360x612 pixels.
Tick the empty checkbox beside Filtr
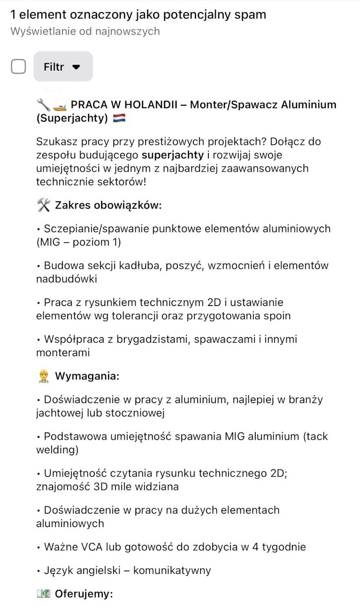tap(18, 67)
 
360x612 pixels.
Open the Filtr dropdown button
tap(63, 67)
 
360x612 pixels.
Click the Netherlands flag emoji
tap(119, 118)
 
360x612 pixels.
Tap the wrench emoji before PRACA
tap(43, 105)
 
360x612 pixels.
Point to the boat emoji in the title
tap(59, 105)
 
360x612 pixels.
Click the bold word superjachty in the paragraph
tap(172, 155)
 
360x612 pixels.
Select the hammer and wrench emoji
tap(43, 205)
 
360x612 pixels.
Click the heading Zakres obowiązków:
tap(108, 205)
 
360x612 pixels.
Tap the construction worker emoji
tap(43, 376)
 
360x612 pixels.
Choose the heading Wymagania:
tap(87, 376)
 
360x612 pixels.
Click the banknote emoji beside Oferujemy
tap(43, 594)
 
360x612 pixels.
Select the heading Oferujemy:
tap(84, 594)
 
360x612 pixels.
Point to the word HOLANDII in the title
tap(150, 105)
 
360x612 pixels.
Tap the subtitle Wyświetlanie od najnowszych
tap(85, 31)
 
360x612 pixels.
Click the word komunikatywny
tap(172, 571)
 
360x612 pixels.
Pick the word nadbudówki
tap(66, 279)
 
